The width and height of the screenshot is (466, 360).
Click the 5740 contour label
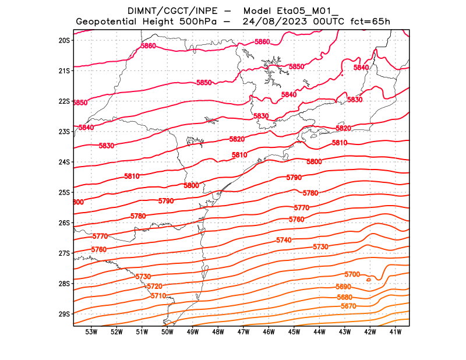[x=284, y=241]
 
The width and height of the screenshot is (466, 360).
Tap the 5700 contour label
[x=352, y=274]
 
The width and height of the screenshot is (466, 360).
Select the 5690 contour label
[x=344, y=287]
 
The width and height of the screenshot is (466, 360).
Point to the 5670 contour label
[x=348, y=306]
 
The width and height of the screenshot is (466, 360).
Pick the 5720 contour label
[x=154, y=287]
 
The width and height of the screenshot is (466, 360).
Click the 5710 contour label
[x=158, y=296]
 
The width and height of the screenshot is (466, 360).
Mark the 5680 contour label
[x=344, y=297]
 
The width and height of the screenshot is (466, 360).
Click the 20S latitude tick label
[x=64, y=40]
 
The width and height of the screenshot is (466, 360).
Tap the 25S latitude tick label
[x=64, y=192]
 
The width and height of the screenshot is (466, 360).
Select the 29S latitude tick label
[x=64, y=314]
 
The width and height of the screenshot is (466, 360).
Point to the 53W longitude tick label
[x=91, y=332]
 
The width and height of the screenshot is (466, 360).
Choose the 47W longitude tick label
[x=243, y=332]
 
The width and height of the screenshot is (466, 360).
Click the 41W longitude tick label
[x=396, y=332]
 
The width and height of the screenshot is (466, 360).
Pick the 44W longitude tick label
[x=320, y=332]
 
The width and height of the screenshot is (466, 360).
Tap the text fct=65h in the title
[x=369, y=22]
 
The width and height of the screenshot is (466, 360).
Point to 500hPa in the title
[x=197, y=22]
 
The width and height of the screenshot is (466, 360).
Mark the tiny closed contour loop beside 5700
[x=369, y=280]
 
